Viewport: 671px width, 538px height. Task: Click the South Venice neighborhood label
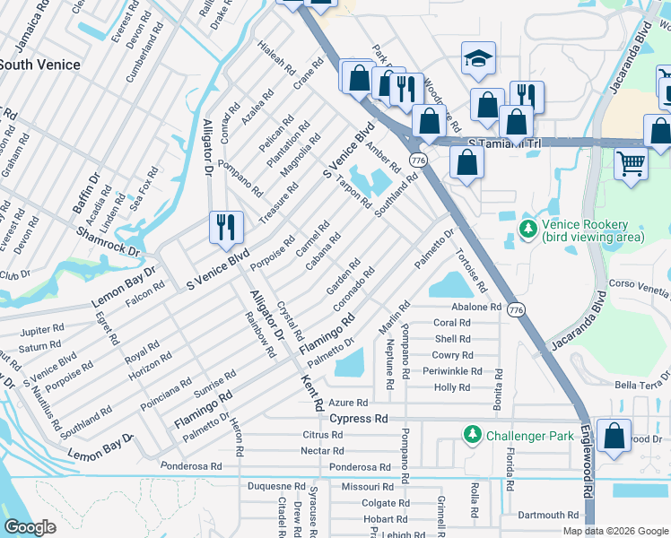[39, 65]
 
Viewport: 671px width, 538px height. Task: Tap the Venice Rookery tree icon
[527, 230]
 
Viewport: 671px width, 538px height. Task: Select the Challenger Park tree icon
[471, 434]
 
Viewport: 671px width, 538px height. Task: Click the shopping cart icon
[631, 164]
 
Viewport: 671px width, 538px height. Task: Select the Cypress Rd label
[359, 419]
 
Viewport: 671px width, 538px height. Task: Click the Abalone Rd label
[475, 307]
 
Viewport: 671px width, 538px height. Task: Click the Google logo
[30, 527]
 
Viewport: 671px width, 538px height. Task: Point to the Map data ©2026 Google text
[615, 531]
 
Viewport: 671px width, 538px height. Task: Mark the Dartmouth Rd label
[549, 516]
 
